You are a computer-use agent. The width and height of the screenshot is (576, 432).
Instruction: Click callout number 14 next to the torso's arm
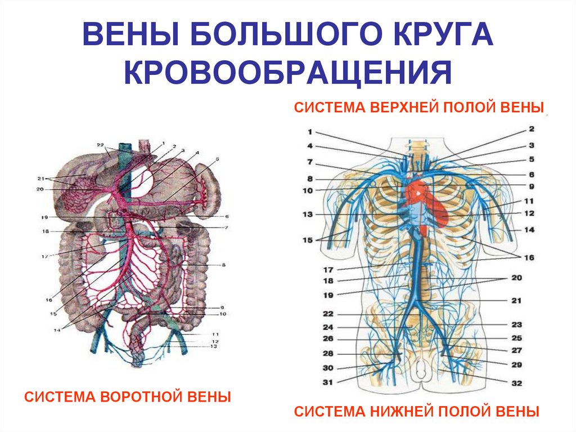pyautogui.click(x=529, y=230)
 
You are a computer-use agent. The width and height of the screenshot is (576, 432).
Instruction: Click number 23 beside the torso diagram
pyautogui.click(x=517, y=324)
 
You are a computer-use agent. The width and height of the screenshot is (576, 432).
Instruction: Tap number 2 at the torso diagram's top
pyautogui.click(x=530, y=129)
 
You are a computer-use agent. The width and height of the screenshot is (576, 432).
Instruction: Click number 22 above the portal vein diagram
pyautogui.click(x=100, y=145)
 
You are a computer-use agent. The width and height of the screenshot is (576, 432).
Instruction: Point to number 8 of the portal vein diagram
pyautogui.click(x=223, y=264)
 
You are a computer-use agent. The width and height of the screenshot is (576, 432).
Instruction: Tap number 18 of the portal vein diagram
pyautogui.click(x=45, y=231)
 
